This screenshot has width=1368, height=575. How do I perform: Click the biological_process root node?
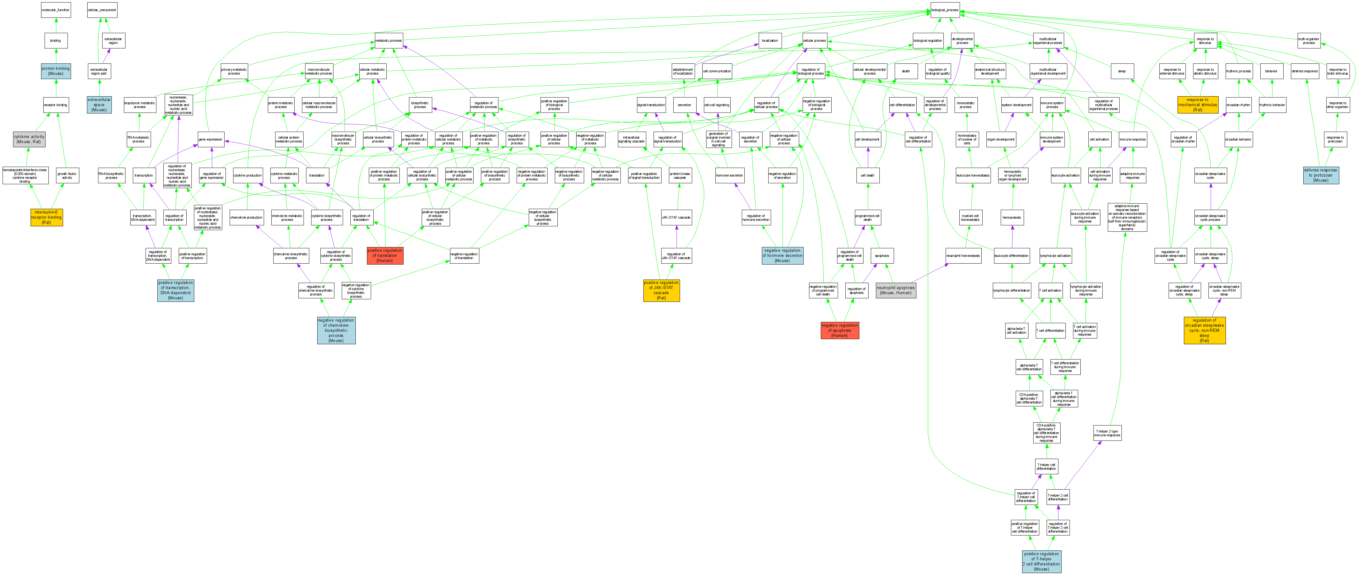point(945,10)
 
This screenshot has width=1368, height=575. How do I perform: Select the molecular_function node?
point(56,10)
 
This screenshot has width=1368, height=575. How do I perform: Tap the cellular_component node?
point(102,10)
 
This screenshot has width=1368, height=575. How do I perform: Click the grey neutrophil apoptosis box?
point(896,290)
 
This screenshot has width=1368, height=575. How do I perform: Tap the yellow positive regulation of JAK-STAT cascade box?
point(661,290)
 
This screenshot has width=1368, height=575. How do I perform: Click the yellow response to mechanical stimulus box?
point(1198,105)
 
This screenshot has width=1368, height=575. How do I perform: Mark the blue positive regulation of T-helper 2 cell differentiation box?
point(1042,561)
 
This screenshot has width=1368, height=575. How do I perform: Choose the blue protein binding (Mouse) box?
point(56,71)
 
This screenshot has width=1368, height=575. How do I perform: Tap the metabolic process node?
point(389,40)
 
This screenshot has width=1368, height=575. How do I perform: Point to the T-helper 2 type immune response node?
point(1107,433)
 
